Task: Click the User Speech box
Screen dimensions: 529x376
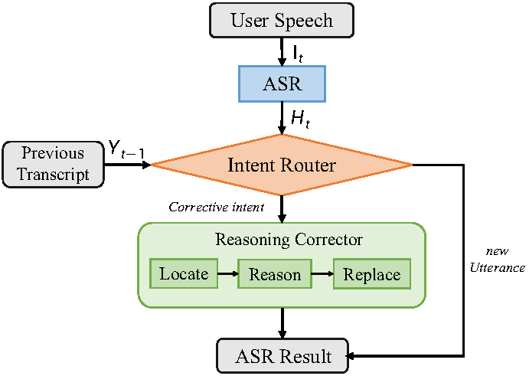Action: pos(282,20)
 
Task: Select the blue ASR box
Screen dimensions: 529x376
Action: pos(282,83)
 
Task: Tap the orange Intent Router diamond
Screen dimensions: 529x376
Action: pos(282,165)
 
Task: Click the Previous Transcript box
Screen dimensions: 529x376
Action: pos(54,165)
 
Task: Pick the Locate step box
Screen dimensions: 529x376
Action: pos(184,273)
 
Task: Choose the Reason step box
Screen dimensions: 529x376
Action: pos(275,273)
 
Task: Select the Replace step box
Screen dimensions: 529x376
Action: pos(372,273)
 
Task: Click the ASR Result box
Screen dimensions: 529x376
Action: pos(282,356)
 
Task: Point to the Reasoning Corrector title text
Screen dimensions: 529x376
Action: pos(289,240)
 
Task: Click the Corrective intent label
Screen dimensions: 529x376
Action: pos(216,207)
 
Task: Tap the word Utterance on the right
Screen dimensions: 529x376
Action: pos(498,268)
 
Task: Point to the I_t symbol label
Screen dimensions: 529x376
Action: pos(298,54)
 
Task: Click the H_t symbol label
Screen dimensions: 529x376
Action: pos(300,119)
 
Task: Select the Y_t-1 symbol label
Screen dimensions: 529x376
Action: pos(126,149)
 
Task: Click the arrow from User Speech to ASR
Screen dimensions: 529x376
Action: pos(282,51)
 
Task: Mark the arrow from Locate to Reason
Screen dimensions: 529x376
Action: pos(227,273)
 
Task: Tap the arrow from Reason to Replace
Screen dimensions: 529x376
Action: pos(322,273)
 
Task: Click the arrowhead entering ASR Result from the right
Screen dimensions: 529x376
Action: pos(351,356)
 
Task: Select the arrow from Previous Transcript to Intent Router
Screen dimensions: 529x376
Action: pos(128,165)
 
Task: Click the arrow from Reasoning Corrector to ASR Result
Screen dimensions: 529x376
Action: pos(282,323)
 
